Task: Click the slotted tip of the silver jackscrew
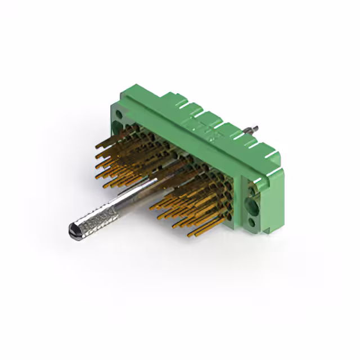point(74,229)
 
